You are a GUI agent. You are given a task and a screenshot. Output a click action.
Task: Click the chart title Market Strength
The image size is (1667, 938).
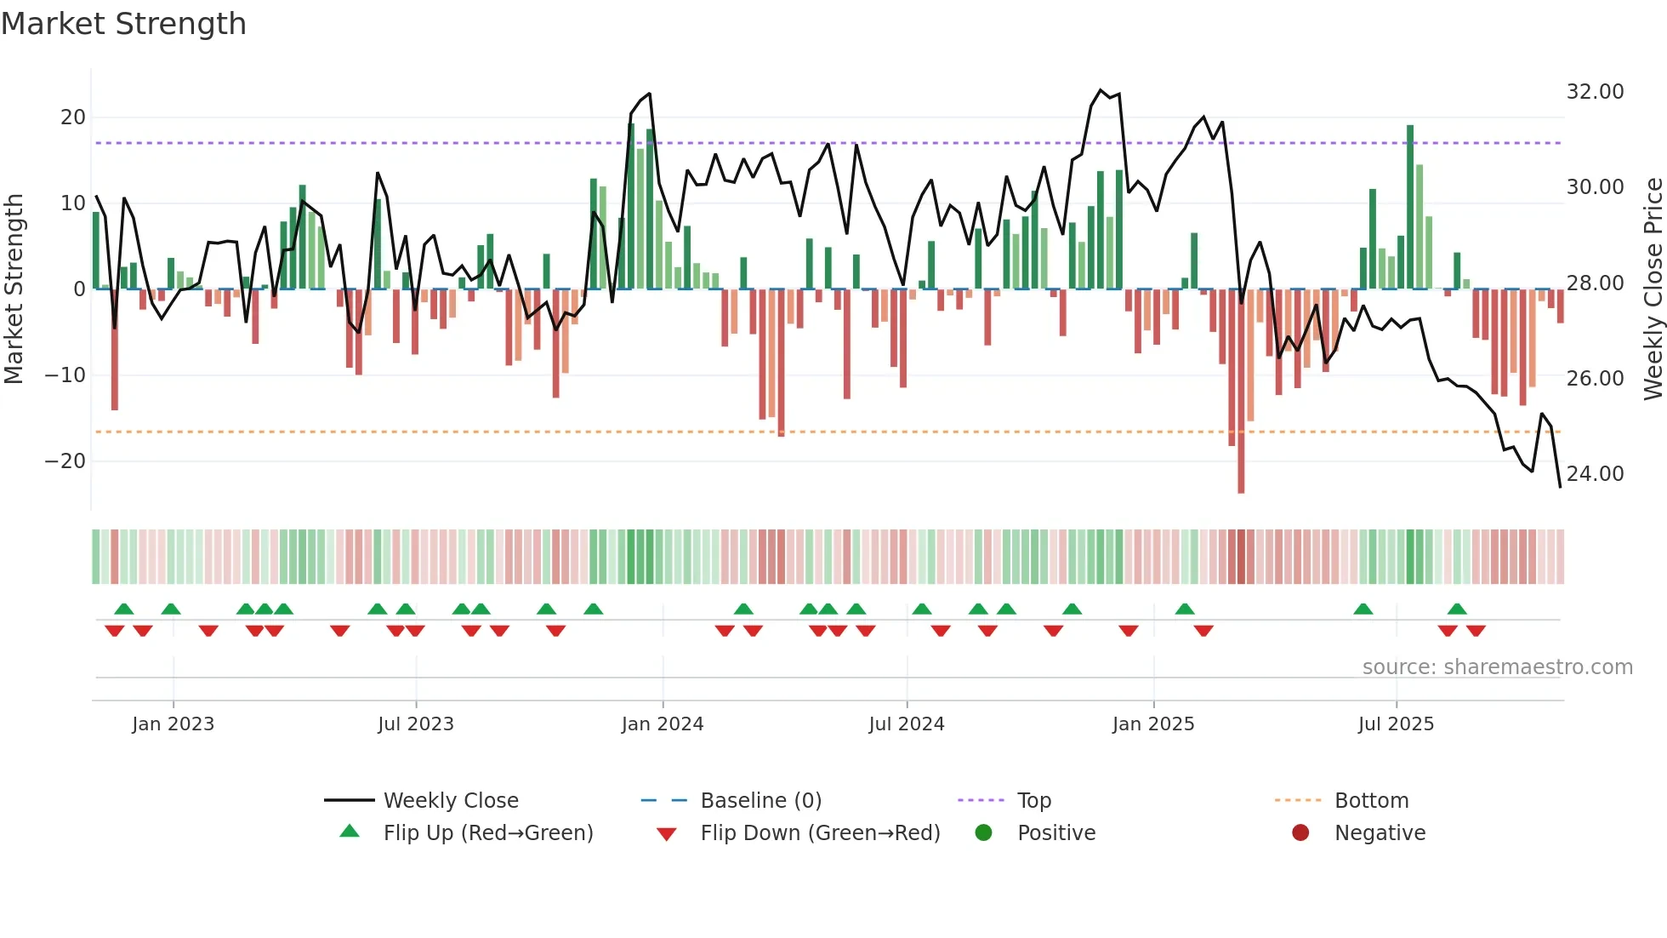(x=123, y=24)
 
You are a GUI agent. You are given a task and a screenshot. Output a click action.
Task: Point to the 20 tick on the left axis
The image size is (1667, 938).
(x=73, y=117)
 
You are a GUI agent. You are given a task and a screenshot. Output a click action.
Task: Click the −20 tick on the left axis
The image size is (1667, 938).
(x=65, y=461)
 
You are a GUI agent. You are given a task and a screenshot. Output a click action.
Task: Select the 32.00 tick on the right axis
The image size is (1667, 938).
(x=1595, y=92)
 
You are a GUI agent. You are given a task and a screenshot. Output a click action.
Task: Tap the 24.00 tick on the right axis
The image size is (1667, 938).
(x=1595, y=474)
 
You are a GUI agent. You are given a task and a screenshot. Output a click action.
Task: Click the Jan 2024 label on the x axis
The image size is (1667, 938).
(x=663, y=724)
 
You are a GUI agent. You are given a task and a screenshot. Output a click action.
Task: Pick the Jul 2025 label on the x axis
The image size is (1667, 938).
(x=1396, y=724)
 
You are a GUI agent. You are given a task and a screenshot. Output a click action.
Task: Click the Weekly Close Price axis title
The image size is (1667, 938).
(x=1653, y=289)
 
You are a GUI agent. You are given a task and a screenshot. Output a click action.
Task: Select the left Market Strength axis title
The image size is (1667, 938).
(x=14, y=289)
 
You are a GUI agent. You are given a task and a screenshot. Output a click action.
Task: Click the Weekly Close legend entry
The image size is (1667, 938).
(x=450, y=801)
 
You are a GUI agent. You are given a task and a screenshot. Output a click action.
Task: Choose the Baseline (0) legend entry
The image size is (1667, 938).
(x=760, y=801)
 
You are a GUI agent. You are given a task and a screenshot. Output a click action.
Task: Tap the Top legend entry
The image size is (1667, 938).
(x=1033, y=801)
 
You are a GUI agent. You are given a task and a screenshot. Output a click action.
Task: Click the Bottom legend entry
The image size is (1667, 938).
(x=1371, y=801)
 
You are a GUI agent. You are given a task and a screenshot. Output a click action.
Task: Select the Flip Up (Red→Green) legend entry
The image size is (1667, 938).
(x=487, y=833)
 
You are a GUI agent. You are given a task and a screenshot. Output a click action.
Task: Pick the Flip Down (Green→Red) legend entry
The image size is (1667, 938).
(x=820, y=833)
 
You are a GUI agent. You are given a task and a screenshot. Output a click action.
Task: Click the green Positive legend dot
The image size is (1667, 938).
(x=983, y=833)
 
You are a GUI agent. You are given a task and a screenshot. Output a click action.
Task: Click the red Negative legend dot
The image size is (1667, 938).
(x=1300, y=833)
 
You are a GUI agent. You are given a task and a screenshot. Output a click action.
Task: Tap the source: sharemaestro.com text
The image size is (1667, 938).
(x=1497, y=667)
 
